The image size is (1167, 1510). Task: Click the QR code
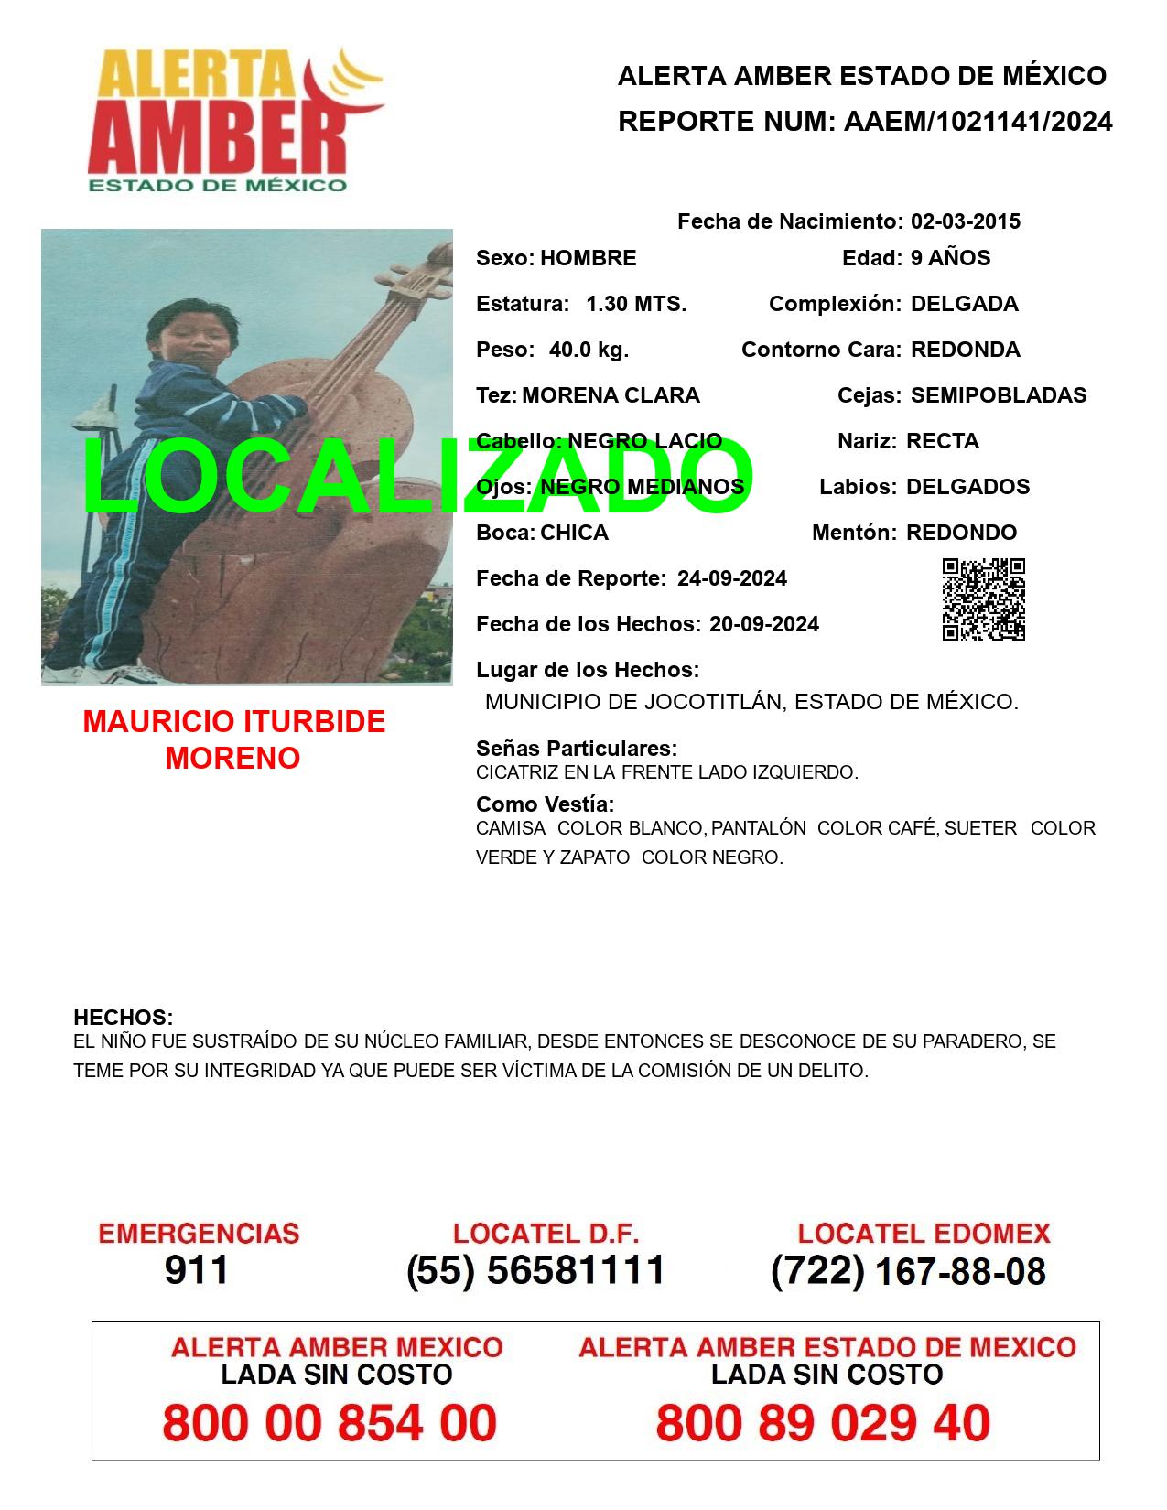(x=983, y=599)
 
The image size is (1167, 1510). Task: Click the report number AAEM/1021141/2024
(x=978, y=122)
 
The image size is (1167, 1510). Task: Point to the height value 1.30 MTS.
(x=635, y=304)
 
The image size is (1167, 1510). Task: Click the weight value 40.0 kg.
(x=589, y=350)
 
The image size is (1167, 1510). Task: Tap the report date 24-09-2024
(x=731, y=578)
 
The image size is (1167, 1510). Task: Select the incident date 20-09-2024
(x=763, y=624)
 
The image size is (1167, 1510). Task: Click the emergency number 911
(x=197, y=1270)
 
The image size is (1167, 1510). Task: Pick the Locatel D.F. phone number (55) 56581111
(x=535, y=1270)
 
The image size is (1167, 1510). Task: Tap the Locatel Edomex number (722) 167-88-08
(x=908, y=1271)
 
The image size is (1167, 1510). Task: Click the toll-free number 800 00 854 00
(x=330, y=1423)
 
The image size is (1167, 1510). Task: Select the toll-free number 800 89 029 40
(x=823, y=1423)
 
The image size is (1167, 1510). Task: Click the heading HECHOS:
(x=123, y=1018)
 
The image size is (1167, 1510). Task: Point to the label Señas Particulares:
(x=577, y=749)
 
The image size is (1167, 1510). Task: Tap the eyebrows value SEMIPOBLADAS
(x=999, y=395)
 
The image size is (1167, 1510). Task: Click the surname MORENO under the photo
(x=232, y=759)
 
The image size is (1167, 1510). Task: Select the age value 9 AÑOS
(x=950, y=258)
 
